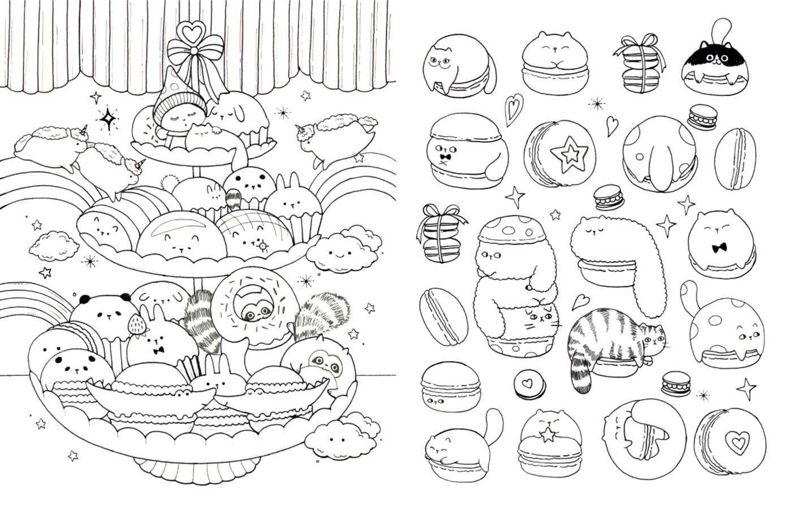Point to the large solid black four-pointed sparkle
coord(107,119)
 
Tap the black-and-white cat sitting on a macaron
coord(716,63)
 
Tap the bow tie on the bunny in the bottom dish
coord(159,350)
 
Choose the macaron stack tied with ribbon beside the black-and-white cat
coord(640,63)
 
